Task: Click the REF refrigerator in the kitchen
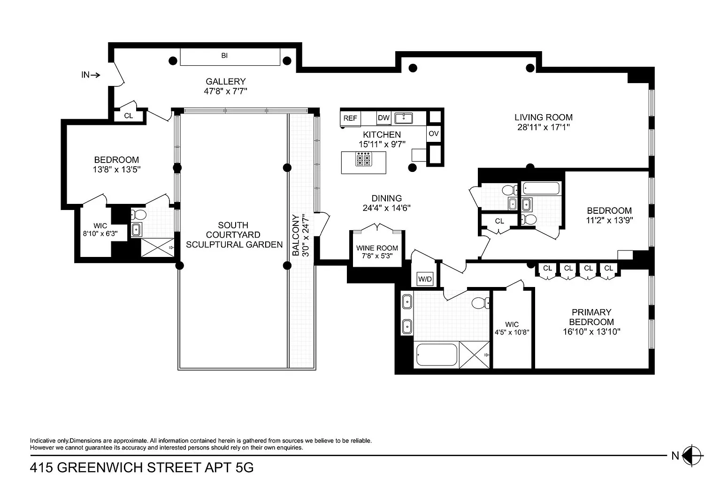tap(350, 118)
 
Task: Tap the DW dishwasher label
tap(384, 118)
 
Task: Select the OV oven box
tap(434, 133)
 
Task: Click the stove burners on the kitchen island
tap(363, 159)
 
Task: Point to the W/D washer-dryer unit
tap(425, 279)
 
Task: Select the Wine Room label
tap(377, 248)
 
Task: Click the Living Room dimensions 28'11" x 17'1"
tap(543, 127)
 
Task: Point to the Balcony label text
tap(296, 235)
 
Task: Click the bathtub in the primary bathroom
tap(437, 354)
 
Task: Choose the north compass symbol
tap(692, 456)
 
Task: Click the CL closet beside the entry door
tap(129, 116)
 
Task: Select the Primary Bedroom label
tap(591, 317)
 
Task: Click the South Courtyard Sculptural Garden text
tap(234, 235)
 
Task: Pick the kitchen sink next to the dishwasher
tap(404, 118)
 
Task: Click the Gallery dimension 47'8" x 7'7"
tap(225, 91)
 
